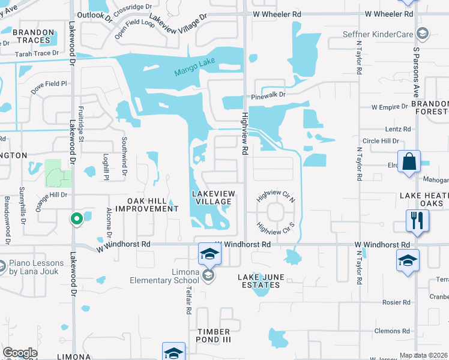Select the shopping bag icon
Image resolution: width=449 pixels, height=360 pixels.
click(x=409, y=162)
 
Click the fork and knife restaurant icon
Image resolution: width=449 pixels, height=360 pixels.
click(x=417, y=220)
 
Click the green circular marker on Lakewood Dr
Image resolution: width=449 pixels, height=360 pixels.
click(x=76, y=220)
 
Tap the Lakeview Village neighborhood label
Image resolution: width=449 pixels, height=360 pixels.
click(x=212, y=197)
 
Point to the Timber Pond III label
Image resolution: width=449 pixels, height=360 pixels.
click(x=214, y=335)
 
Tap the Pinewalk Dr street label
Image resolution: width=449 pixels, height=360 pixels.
click(x=267, y=95)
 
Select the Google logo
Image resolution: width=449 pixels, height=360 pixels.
click(x=20, y=353)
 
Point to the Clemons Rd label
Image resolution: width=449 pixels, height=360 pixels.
click(x=392, y=331)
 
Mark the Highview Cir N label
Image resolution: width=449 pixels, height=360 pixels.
click(x=276, y=196)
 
